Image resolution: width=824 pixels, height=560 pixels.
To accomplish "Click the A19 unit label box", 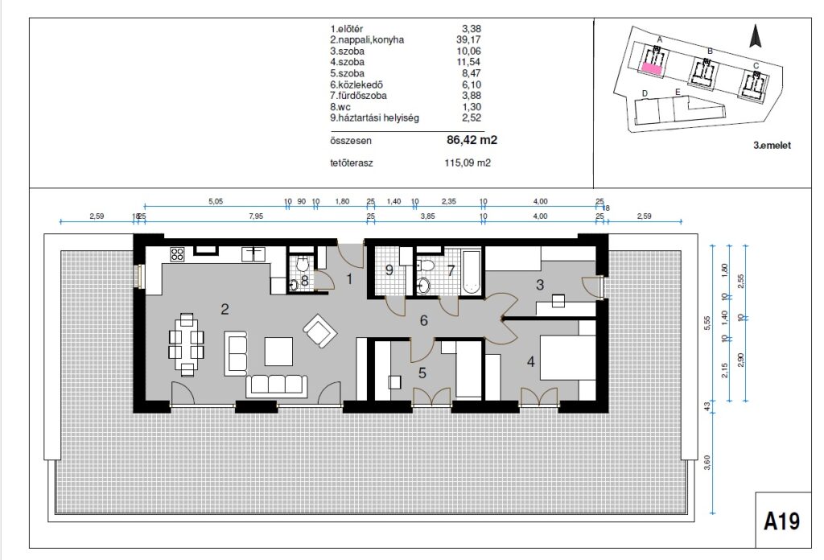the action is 783,520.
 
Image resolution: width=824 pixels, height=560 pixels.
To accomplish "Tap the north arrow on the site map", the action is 756,36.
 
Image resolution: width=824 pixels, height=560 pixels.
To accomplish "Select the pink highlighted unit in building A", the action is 651,68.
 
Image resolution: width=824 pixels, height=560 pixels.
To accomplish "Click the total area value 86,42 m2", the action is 472,140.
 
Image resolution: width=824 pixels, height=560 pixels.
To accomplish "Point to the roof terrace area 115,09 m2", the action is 468,163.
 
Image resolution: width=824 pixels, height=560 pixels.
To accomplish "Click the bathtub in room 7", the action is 471,272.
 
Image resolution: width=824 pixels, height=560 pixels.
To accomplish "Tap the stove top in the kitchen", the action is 177,255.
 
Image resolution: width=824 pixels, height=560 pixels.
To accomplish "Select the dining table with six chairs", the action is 187,344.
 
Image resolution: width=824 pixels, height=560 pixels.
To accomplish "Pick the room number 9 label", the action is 389,270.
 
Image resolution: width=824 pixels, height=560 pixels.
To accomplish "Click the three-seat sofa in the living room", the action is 277,386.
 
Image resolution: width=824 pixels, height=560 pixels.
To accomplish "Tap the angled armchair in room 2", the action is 319,330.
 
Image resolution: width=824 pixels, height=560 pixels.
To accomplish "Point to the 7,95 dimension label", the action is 256,216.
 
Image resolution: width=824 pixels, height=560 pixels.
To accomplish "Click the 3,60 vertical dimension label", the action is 707,463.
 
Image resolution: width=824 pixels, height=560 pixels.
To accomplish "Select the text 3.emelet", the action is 772,146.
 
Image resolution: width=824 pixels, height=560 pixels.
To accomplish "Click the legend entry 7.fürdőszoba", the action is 358,96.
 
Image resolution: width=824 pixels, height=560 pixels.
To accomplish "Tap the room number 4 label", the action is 531,361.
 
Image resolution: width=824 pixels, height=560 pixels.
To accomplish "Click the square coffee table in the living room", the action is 278,352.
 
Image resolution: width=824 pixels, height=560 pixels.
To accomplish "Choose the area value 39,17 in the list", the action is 469,40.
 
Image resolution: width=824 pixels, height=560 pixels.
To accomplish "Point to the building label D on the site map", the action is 645,93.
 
